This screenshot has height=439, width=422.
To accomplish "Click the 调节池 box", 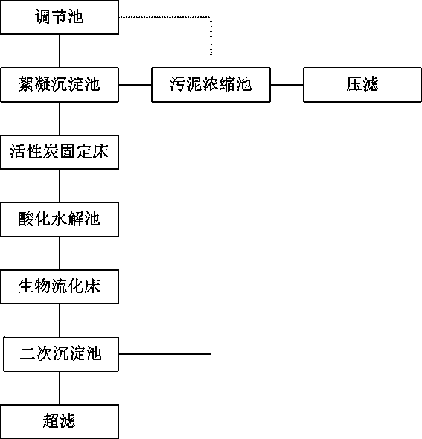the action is pos(60,17).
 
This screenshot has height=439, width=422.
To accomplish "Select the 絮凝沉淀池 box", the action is pos(60,85).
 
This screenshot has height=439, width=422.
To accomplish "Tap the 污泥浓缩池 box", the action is pos(211,85).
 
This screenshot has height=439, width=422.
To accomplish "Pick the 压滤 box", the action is pos(362,85).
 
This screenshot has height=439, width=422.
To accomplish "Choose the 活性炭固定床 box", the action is pos(60,152).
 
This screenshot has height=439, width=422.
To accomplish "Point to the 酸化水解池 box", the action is pos(60,219).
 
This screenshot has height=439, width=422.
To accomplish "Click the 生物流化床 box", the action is pos(60,286).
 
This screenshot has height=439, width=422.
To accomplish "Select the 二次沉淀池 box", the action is pos(61,354).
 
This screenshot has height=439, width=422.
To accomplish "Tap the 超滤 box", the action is pos(60,421).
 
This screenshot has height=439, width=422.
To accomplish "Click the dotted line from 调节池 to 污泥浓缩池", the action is pos(211,17).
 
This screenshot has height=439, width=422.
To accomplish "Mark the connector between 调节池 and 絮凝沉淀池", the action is pos(60,51).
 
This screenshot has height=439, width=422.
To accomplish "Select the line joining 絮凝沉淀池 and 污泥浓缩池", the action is pos(135,85).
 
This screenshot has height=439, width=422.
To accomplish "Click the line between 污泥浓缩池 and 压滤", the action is pos(287,85).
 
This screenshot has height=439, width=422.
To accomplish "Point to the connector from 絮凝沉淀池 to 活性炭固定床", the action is pos(60,119).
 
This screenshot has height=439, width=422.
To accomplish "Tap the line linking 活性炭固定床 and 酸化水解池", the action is pos(60,185).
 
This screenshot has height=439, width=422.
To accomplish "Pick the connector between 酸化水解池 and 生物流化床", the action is pos(60,254).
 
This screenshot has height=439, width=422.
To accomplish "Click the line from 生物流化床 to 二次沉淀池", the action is pos(60,321).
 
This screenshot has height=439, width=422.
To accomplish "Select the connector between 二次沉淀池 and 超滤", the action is pos(60,388).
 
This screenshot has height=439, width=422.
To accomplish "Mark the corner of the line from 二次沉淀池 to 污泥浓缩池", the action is pos(211,354).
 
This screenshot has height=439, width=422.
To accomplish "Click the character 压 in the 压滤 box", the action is pos(354,84).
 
